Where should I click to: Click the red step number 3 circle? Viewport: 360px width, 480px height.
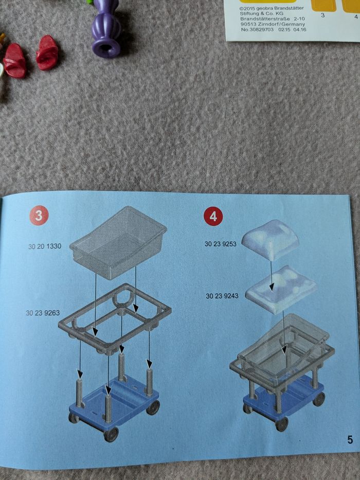point(39,215)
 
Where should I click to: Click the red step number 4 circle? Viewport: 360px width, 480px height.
point(213,217)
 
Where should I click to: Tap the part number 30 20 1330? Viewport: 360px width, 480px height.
point(45,246)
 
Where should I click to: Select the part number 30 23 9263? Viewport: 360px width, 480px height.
point(43,313)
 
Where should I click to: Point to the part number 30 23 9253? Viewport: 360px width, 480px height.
point(221,244)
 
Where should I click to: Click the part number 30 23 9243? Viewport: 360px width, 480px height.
point(222,296)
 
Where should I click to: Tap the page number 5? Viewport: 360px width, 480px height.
point(350,440)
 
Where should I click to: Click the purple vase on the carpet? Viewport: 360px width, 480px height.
point(106,28)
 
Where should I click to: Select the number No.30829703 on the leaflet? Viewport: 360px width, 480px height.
point(257,30)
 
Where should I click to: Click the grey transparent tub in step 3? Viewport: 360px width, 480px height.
point(118,242)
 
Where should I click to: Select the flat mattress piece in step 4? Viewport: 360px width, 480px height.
point(281,289)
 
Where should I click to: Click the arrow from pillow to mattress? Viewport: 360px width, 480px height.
point(271,276)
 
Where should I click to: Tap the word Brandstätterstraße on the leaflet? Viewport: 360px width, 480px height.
point(265,19)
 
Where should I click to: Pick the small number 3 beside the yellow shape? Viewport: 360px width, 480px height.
point(322,15)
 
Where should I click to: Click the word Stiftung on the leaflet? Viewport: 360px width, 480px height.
point(249,13)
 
